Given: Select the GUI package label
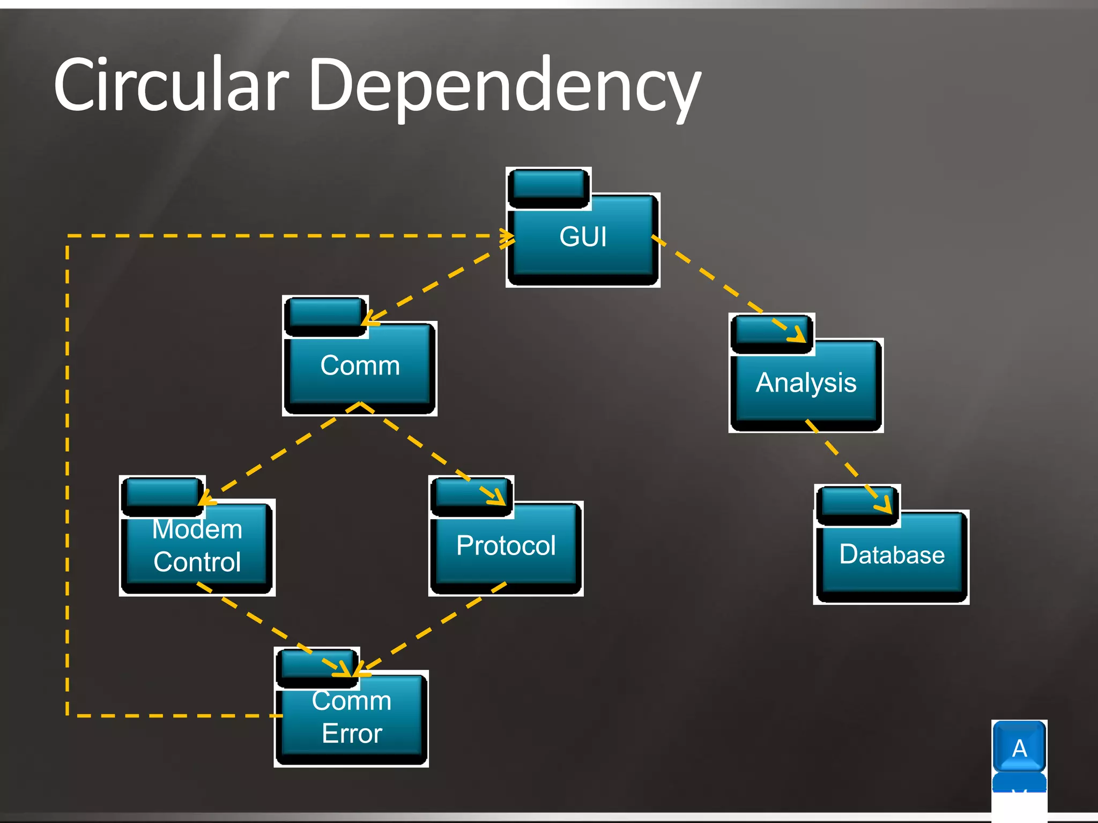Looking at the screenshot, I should [x=583, y=237].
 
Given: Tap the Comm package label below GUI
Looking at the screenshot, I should [x=360, y=366].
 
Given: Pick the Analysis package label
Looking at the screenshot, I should [x=806, y=383].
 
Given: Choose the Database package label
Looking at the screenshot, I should [x=892, y=555].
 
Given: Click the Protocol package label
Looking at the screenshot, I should [x=506, y=546].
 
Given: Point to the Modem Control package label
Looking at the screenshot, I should [x=197, y=546].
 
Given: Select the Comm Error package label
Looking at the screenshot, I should [x=352, y=717].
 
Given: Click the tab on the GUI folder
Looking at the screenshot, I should [x=548, y=187].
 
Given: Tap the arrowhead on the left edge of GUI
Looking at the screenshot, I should [x=507, y=236].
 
